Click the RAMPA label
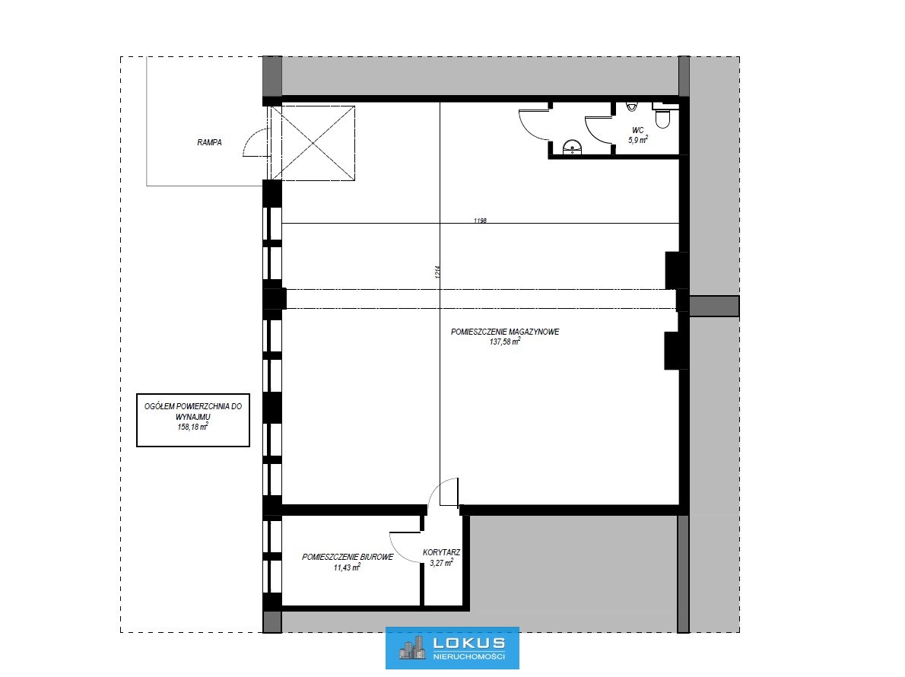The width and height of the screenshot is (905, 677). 209,142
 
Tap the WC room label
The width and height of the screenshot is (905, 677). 638,130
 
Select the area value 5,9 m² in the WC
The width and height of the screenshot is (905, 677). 638,140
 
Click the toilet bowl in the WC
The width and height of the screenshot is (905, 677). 662,118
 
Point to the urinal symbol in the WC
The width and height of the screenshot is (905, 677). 631,106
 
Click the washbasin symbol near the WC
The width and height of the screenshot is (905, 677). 571,148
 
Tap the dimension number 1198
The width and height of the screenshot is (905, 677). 480,221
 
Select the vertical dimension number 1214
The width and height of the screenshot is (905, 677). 437,272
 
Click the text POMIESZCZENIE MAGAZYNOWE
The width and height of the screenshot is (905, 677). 505,332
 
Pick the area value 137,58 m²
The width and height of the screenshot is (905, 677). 505,342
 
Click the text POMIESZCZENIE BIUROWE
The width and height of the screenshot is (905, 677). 348,557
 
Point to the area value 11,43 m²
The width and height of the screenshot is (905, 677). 347,567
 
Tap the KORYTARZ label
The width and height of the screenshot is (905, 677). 442,552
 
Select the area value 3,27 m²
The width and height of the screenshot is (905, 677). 442,563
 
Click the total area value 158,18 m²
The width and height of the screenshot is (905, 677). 192,427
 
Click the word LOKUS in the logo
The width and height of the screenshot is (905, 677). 468,642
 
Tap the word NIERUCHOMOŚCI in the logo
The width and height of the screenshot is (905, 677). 468,656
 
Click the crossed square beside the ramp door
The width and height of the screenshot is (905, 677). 313,142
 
